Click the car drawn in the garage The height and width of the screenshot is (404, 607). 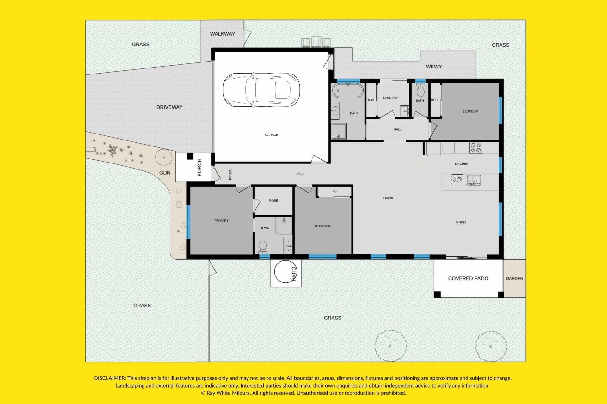(261, 90)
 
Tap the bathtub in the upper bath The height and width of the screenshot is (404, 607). (348, 91)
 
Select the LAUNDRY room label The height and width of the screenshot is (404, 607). (390, 98)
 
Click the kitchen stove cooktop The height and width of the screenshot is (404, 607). (476, 148)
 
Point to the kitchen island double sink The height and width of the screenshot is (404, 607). (474, 180)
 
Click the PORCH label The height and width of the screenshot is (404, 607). (199, 168)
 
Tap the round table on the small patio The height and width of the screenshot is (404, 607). (286, 271)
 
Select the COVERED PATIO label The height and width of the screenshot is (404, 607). (468, 278)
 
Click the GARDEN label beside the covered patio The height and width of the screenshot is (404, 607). (514, 278)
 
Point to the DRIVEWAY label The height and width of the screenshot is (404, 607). (169, 107)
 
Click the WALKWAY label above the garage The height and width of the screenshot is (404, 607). (223, 34)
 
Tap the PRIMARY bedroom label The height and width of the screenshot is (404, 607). (221, 221)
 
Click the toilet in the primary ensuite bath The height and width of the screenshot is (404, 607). (263, 247)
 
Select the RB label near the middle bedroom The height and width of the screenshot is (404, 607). (334, 191)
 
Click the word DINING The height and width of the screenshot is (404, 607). (461, 223)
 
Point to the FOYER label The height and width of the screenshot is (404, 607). (230, 175)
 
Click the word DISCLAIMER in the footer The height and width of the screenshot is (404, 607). (110, 378)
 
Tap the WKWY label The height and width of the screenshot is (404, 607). (434, 67)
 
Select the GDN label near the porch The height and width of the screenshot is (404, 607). (165, 173)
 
